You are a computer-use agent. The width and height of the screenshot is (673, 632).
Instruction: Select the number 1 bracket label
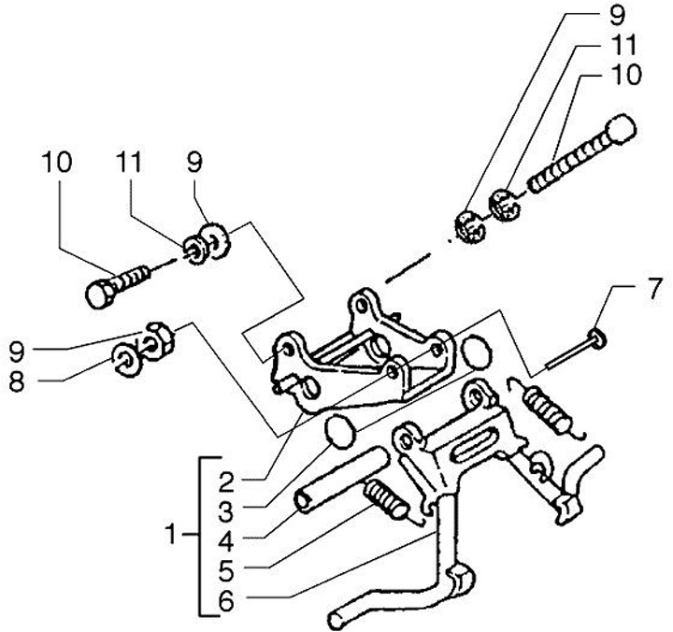pos(170,536)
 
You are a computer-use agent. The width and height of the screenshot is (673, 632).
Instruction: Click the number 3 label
pos(225,510)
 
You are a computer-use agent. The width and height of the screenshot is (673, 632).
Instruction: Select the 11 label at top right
pos(628,46)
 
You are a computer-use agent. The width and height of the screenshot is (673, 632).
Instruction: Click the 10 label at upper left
pos(55,162)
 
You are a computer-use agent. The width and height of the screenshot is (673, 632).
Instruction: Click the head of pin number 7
pos(595,337)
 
